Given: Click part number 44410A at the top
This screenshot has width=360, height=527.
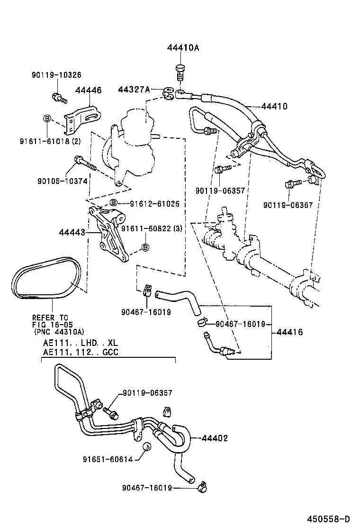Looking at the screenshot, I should coord(183,48).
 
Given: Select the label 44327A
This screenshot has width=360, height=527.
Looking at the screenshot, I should coord(134,89).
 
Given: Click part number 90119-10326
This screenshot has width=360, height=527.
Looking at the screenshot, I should coord(57,75).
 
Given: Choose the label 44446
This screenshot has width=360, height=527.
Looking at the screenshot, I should coord(88,90).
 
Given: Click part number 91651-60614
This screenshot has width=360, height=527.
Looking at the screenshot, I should coord(107,459).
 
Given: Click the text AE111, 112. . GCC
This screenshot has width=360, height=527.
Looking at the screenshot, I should coord(81,352).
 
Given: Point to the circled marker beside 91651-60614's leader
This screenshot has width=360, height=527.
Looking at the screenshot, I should coord(146,446).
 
